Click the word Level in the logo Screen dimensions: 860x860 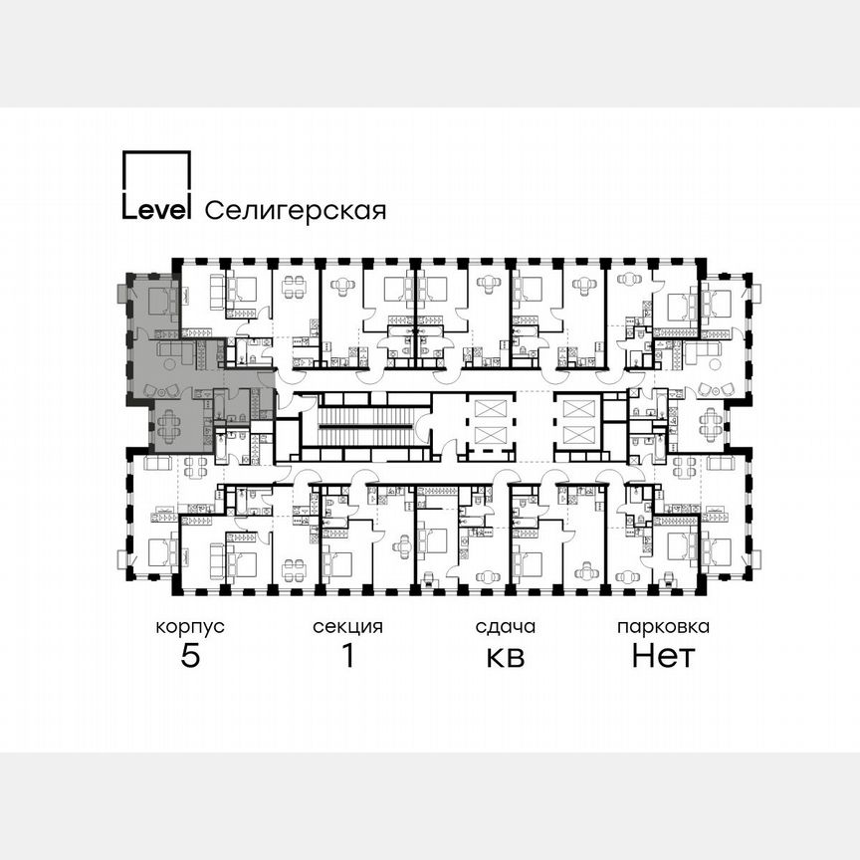[156, 210]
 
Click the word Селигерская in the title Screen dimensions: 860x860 [295, 211]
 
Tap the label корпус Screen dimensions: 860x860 [189, 627]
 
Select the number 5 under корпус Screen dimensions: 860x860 [189, 656]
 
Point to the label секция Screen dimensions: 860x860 [347, 627]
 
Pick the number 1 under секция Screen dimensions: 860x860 [347, 656]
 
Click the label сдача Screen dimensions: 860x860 [505, 627]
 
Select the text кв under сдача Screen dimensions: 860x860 [505, 657]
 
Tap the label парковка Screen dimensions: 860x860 [663, 627]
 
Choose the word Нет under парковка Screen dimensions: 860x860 [663, 656]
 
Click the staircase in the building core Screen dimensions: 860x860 [364, 426]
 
